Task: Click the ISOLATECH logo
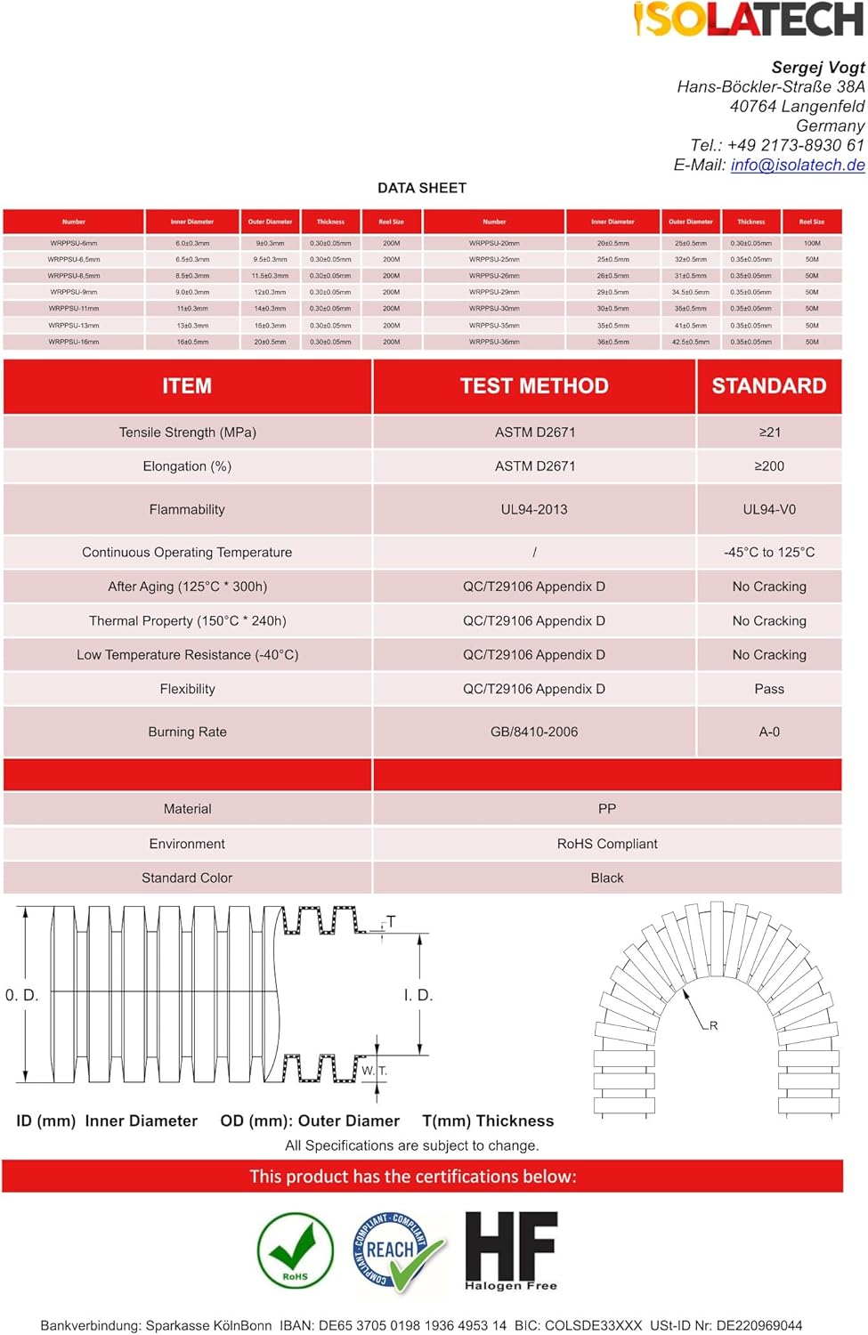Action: click(x=748, y=20)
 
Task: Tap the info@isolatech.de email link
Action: click(x=797, y=165)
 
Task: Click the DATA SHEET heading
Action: click(x=422, y=188)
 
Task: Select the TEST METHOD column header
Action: click(x=534, y=386)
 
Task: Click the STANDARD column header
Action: click(x=769, y=386)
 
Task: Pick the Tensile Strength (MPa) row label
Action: click(x=187, y=433)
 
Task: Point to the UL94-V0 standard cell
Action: click(x=769, y=510)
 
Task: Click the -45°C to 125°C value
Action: click(x=769, y=553)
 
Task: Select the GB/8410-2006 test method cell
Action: click(x=534, y=732)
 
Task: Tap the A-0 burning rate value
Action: click(x=769, y=732)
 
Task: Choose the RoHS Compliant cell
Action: click(x=607, y=844)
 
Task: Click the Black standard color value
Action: click(x=607, y=878)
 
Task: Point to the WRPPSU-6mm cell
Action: click(x=74, y=243)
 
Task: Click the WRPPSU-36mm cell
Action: click(x=494, y=342)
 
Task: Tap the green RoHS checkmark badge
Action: click(x=296, y=1251)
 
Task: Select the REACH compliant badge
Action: click(x=396, y=1251)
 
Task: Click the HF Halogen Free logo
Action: click(x=511, y=1251)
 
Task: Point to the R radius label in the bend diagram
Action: click(x=713, y=1026)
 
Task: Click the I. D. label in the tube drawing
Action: click(x=418, y=995)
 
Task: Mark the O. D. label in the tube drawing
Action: click(x=22, y=995)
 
